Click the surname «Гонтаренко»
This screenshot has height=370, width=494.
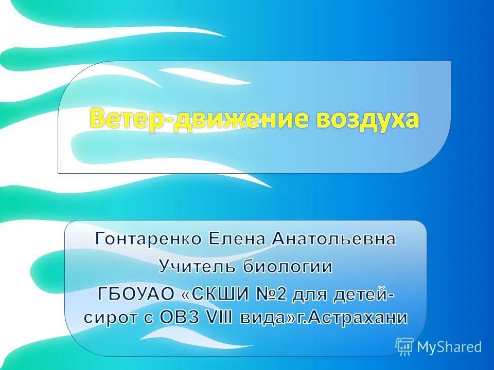click(149, 239)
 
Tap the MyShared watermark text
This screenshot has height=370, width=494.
click(449, 347)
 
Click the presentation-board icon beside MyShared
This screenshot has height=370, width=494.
click(404, 347)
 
